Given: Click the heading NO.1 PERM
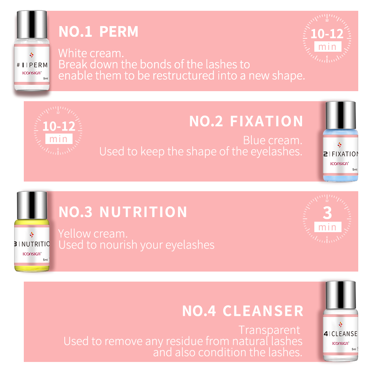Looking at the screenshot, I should click(99, 32).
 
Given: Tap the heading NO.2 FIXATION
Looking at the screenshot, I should click(246, 122).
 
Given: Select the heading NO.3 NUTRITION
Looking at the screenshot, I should click(123, 212).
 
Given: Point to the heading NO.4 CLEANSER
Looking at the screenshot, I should click(243, 311).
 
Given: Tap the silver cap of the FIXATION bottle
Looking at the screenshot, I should click(340, 115).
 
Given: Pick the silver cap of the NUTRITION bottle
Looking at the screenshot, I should click(32, 205).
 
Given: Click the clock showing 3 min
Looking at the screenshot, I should click(327, 218).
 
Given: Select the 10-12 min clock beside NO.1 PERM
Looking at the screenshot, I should click(327, 38).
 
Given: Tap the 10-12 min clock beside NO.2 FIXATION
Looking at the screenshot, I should click(59, 130).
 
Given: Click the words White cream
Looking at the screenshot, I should click(91, 53).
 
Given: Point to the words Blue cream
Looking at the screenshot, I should click(272, 140).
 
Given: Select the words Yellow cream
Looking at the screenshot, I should click(93, 234).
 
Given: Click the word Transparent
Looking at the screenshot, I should click(269, 330).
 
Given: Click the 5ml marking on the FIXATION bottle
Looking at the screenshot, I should click(355, 169).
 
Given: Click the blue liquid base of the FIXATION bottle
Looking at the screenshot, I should click(340, 177).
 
